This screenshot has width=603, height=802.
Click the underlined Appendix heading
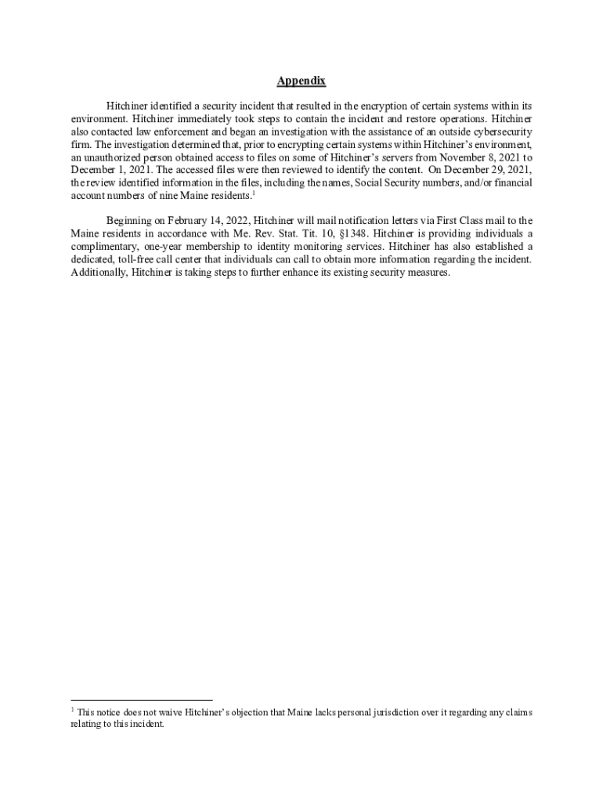coord(301,81)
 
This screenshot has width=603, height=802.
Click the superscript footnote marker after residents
coord(253,193)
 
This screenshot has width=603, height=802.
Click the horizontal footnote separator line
coord(141,700)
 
